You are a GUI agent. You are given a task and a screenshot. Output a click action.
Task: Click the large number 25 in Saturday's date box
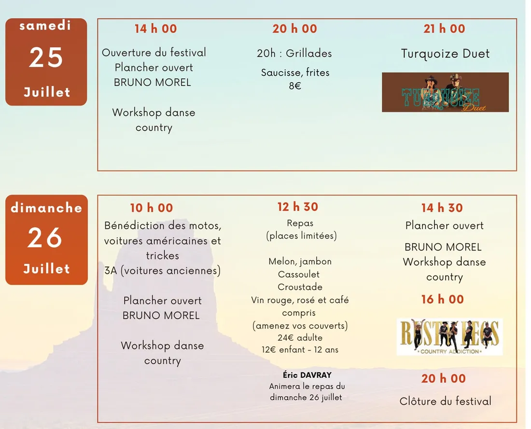[46, 57]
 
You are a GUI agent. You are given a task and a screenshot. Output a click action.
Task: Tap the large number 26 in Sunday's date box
[45, 237]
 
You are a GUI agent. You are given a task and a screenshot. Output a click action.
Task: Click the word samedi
[45, 26]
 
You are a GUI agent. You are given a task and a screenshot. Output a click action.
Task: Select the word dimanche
[46, 208]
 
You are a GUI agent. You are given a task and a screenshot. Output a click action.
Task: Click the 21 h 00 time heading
[444, 28]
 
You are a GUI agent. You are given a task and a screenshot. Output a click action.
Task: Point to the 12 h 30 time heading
[298, 207]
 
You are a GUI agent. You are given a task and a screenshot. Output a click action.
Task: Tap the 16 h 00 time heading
[442, 299]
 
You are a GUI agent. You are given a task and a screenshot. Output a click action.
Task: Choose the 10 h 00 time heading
[152, 208]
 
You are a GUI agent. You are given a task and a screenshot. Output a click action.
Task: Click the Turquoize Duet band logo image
[446, 92]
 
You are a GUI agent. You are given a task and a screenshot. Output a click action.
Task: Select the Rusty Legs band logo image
[450, 337]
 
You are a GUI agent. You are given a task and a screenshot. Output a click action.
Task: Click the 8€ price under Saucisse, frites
[295, 86]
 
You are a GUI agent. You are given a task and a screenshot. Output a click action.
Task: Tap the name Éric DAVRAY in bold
[307, 375]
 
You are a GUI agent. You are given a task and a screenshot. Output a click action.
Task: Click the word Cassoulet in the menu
[299, 274]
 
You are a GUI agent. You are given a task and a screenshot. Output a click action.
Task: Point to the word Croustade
[300, 287]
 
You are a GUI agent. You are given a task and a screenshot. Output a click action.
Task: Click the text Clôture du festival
[446, 401]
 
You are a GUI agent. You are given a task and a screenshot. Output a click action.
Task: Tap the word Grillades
[308, 53]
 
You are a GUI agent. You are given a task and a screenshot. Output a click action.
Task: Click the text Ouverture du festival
[154, 53]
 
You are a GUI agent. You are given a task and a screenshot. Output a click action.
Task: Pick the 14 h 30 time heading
[442, 208]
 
